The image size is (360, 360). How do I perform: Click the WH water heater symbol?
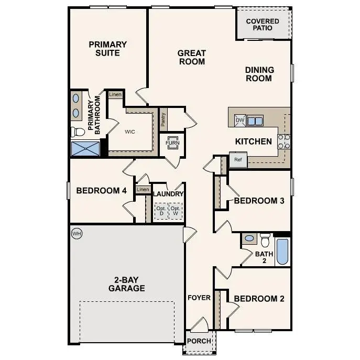tap(77, 233)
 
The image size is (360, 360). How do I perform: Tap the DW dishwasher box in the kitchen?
tap(240, 121)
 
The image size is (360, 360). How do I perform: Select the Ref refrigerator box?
tap(237, 160)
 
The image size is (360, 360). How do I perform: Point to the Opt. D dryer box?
tap(161, 211)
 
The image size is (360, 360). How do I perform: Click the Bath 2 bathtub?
tap(282, 252)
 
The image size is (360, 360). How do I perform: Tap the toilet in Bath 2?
tap(265, 240)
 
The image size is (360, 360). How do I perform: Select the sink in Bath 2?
tap(249, 239)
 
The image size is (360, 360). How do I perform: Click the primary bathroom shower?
tap(85, 148)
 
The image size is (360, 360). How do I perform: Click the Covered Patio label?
tap(263, 24)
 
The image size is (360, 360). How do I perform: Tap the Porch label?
tap(199, 341)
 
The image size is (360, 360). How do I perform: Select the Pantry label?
tap(163, 121)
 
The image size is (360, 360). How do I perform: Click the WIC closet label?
tap(130, 132)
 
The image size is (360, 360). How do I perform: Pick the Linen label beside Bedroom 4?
tap(142, 189)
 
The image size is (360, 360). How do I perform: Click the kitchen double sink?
tap(255, 121)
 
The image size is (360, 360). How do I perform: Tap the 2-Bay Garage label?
tap(126, 284)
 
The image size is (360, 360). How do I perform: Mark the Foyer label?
tap(199, 298)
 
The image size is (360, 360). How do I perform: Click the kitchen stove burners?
tap(283, 142)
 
